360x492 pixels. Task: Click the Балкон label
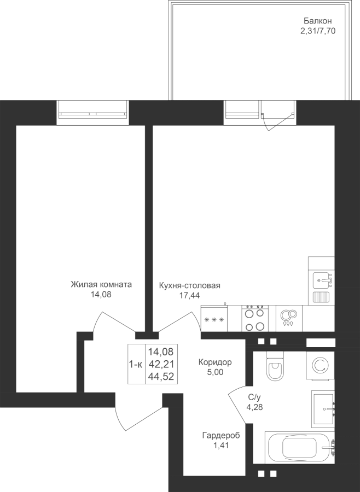tap(317, 21)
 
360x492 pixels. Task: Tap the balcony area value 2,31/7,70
tap(318, 31)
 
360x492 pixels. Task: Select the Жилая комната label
tap(101, 285)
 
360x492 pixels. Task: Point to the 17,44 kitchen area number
tap(189, 295)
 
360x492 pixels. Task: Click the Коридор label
tap(215, 362)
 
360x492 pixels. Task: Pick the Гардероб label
tap(221, 436)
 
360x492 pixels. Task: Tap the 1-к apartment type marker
tap(136, 364)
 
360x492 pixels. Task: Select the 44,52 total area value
tap(161, 377)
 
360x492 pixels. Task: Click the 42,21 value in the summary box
tap(161, 364)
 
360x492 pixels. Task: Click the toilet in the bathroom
tap(275, 366)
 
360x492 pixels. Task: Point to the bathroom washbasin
tap(323, 409)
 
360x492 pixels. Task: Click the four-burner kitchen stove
tap(255, 318)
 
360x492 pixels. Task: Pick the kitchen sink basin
tap(321, 280)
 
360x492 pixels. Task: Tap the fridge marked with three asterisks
tap(214, 318)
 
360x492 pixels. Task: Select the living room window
tap(93, 113)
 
